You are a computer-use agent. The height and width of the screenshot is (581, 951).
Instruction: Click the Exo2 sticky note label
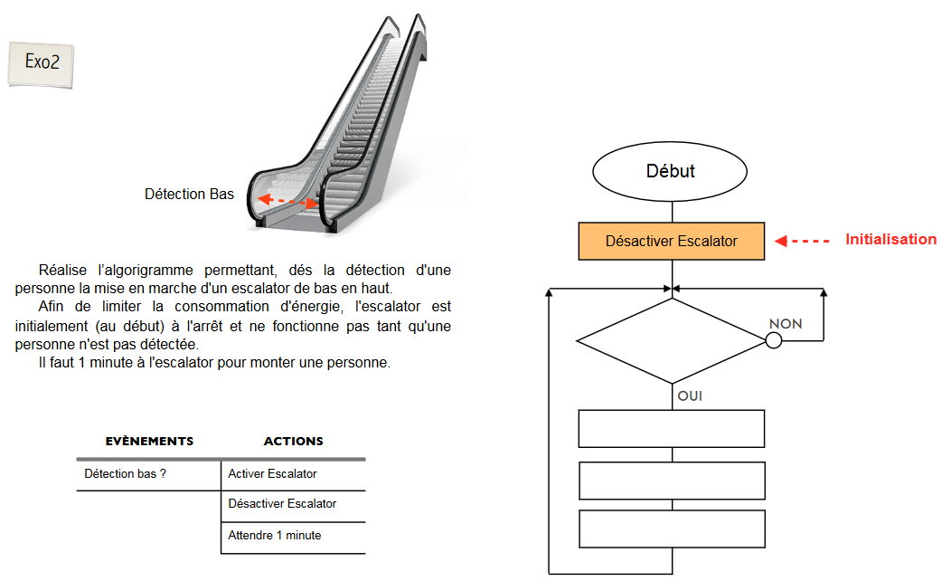click(x=41, y=62)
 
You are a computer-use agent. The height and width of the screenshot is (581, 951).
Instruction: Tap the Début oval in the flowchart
click(x=670, y=170)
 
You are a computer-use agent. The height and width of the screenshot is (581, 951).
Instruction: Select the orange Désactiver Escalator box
click(x=671, y=241)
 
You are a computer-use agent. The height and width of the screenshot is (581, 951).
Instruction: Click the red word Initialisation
click(x=890, y=240)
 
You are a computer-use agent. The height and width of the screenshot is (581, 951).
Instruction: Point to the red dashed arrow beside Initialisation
click(x=803, y=241)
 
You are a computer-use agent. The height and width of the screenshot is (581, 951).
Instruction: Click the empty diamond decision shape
click(x=671, y=341)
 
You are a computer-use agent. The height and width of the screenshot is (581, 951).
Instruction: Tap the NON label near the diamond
click(x=785, y=324)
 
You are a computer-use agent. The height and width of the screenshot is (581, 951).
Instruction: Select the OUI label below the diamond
click(x=690, y=395)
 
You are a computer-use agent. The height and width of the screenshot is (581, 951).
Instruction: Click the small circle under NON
click(x=773, y=340)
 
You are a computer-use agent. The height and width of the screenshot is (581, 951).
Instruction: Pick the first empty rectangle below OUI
click(x=671, y=428)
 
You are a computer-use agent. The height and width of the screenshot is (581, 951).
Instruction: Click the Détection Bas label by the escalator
click(x=189, y=195)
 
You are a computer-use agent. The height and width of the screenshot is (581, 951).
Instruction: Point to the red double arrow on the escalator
click(x=287, y=201)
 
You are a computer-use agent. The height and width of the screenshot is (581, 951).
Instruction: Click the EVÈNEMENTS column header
click(x=149, y=442)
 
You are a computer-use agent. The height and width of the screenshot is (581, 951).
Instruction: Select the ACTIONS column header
click(x=293, y=442)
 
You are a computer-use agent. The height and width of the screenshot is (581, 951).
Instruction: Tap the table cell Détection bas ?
click(x=125, y=473)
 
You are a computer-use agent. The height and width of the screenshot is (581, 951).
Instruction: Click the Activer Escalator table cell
click(x=272, y=473)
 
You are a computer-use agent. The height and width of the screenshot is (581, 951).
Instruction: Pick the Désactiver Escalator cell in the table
click(x=282, y=504)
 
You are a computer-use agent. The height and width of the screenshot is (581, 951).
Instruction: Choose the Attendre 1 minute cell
click(x=275, y=536)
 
